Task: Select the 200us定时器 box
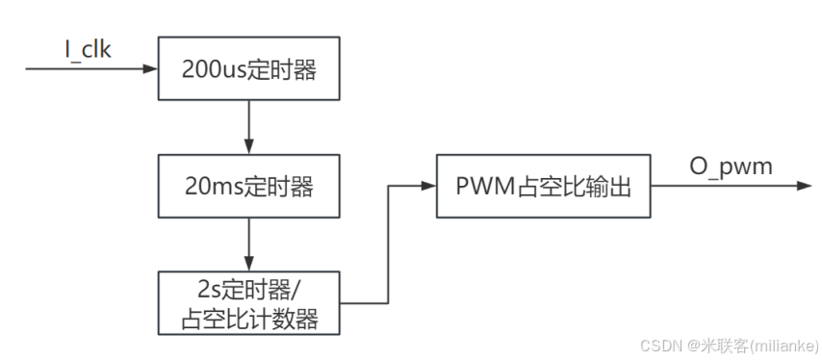point(249,69)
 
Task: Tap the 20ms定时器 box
point(249,186)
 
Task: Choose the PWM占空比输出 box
point(542,186)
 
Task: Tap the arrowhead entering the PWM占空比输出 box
point(429,186)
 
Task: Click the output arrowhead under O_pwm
point(805,186)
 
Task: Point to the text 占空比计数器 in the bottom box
point(249,318)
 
